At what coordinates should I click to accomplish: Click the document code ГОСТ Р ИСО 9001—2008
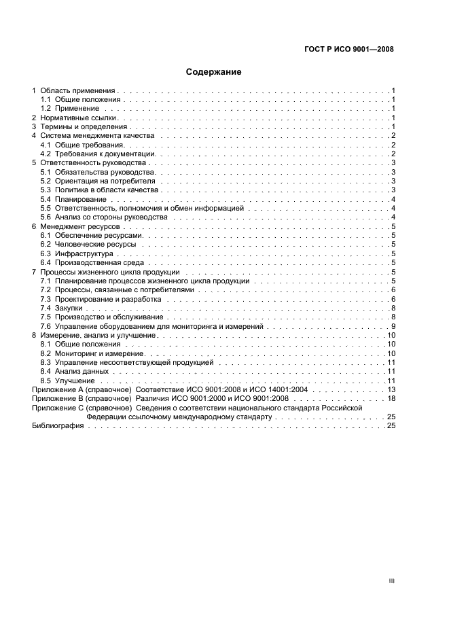[347, 49]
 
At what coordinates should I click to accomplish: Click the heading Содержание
[213, 71]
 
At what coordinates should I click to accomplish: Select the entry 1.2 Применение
[70, 109]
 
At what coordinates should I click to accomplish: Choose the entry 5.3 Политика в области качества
[99, 190]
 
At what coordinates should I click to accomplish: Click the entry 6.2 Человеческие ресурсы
[88, 244]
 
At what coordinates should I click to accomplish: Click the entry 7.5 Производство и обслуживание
[101, 317]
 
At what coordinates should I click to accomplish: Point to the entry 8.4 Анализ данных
[74, 372]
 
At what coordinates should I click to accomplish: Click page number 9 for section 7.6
[393, 326]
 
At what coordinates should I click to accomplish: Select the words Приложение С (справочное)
[82, 408]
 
